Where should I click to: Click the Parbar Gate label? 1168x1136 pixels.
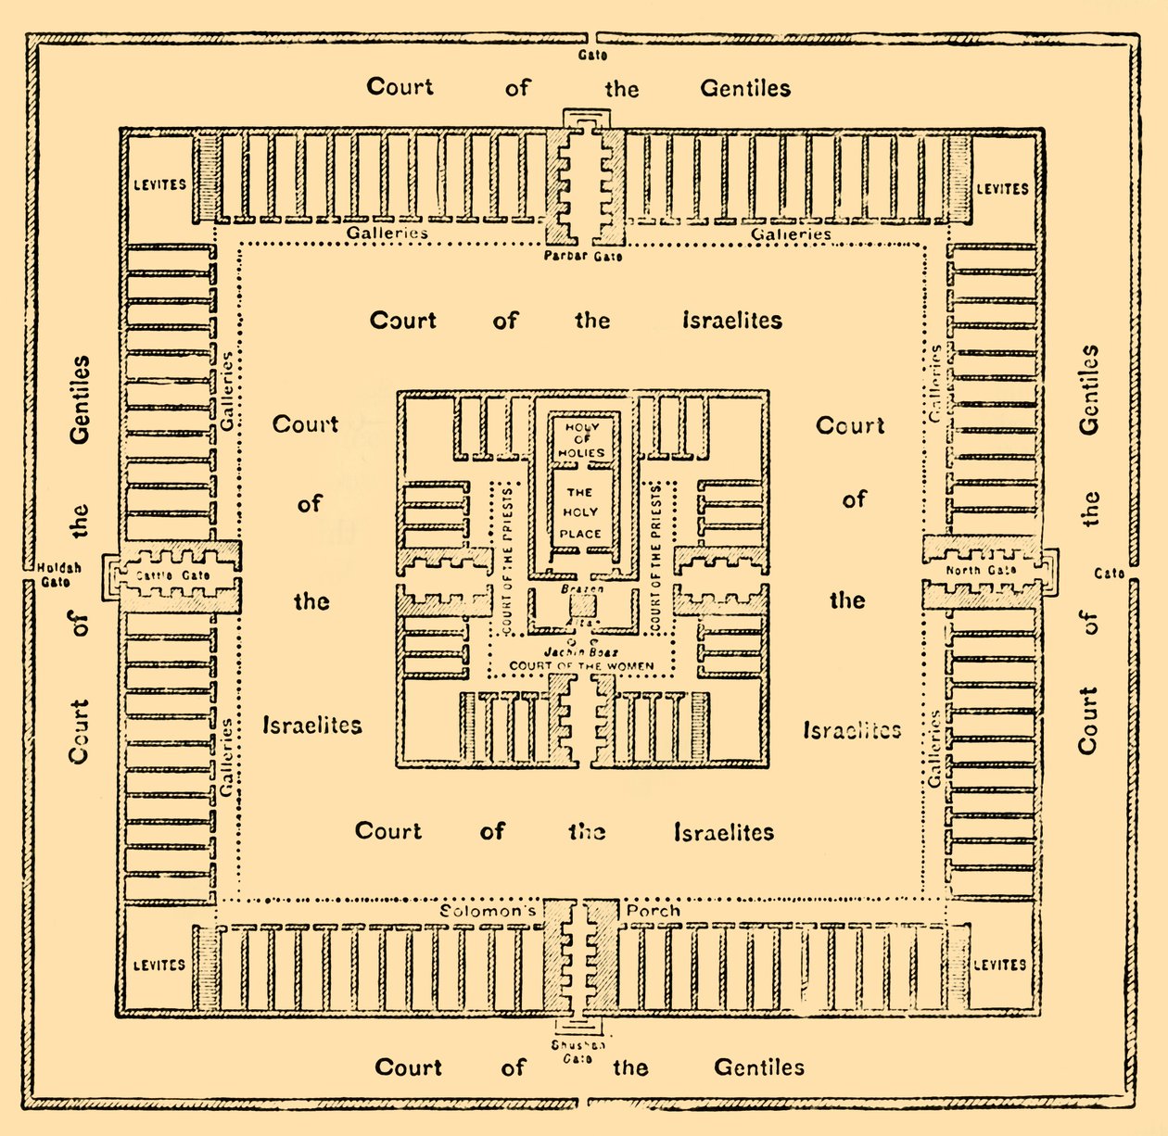583,256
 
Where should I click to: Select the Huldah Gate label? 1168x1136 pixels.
59,574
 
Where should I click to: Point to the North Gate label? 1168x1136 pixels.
981,571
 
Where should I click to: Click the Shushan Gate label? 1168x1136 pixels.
578,1052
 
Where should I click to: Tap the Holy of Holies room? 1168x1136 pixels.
581,440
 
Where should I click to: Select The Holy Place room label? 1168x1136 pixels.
580,513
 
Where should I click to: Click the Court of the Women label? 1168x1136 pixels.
581,665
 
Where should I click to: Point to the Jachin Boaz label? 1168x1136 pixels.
581,652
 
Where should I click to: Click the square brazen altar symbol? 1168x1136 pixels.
582,608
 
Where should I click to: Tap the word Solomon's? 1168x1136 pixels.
489,911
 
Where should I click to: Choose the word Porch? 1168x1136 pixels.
653,911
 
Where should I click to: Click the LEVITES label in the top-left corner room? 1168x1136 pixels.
159,184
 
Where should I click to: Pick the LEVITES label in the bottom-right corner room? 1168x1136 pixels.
1000,965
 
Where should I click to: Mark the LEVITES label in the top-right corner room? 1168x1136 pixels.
1002,189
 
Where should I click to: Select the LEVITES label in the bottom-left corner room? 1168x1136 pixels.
159,966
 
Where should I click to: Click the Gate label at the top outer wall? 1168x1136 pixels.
593,56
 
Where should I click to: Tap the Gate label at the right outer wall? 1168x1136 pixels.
1109,574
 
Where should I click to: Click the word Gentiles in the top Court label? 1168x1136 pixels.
745,89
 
